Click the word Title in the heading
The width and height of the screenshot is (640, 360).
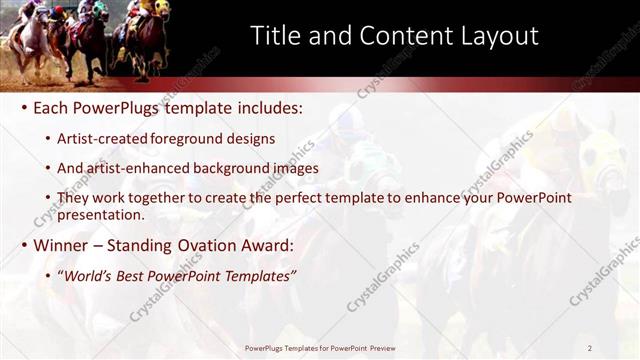(274, 36)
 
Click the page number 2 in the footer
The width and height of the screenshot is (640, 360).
(590, 348)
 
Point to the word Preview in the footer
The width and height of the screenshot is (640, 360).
(377, 348)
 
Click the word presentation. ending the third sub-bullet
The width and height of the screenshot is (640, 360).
(100, 214)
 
